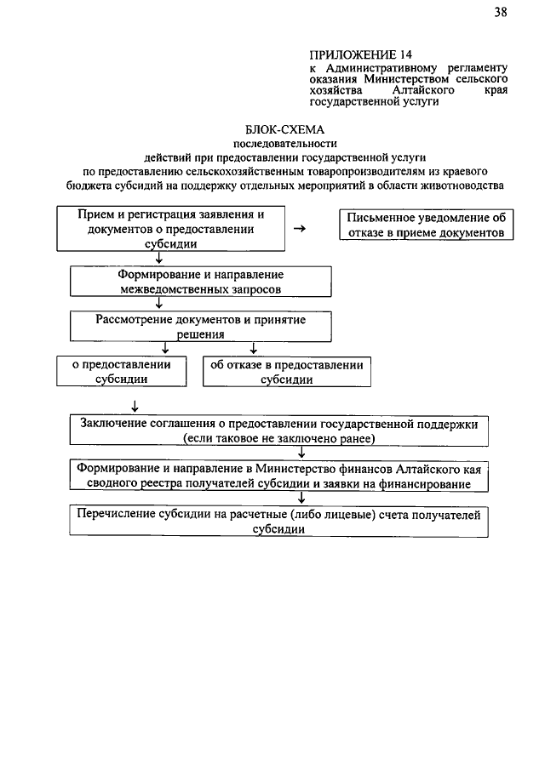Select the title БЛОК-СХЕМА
(x=272, y=130)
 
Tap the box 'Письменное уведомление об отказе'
(x=427, y=225)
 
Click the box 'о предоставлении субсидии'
(x=121, y=372)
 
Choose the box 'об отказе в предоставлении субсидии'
(x=286, y=372)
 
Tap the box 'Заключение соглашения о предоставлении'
(x=278, y=431)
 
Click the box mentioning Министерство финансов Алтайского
(x=278, y=476)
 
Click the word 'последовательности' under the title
(x=272, y=144)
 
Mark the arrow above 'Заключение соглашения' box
(x=135, y=406)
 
